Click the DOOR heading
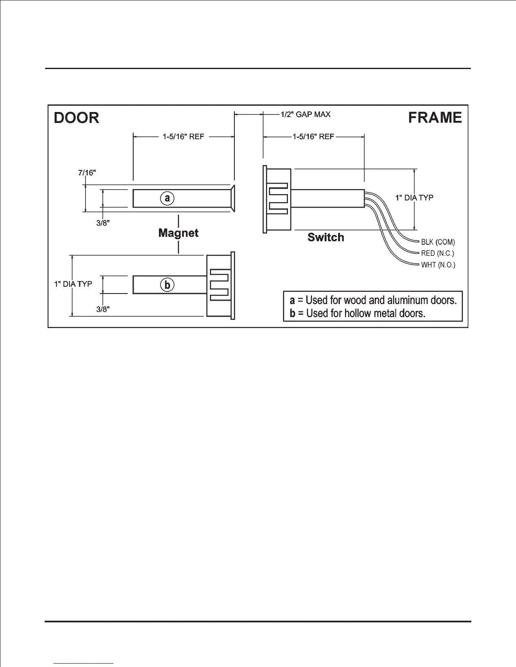pyautogui.click(x=77, y=117)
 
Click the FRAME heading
pyautogui.click(x=435, y=117)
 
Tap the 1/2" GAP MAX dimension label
pyautogui.click(x=306, y=114)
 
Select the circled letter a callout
pyautogui.click(x=167, y=198)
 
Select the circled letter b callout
pyautogui.click(x=167, y=285)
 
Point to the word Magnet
pyautogui.click(x=178, y=233)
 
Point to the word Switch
pyautogui.click(x=325, y=237)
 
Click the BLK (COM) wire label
pyautogui.click(x=438, y=242)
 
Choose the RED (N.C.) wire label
pyautogui.click(x=438, y=253)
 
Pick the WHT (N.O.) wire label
pyautogui.click(x=438, y=265)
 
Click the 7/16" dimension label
pyautogui.click(x=86, y=173)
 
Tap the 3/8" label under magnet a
pyautogui.click(x=103, y=223)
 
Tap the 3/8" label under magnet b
pyautogui.click(x=103, y=309)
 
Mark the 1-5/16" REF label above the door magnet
pyautogui.click(x=183, y=137)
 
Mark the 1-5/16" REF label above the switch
pyautogui.click(x=313, y=137)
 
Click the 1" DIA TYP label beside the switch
pyautogui.click(x=414, y=197)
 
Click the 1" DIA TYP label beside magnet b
pyautogui.click(x=73, y=284)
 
